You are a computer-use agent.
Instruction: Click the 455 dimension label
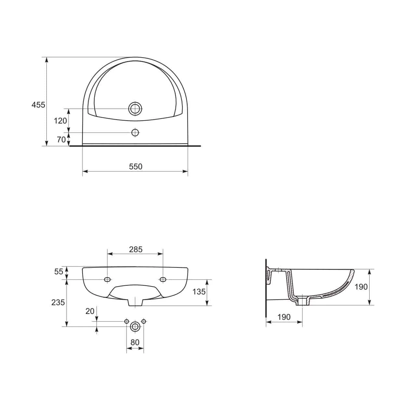click(38, 105)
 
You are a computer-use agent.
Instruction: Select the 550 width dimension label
click(136, 167)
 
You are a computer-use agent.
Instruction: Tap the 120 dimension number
click(60, 121)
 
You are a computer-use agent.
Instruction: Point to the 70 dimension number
click(61, 139)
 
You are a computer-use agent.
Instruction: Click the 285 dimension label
click(136, 250)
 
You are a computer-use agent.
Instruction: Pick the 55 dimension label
click(58, 272)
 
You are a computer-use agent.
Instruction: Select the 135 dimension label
click(199, 292)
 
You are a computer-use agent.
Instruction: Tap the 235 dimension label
click(58, 302)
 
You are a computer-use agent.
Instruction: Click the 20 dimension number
click(90, 311)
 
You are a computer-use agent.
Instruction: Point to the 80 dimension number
click(135, 342)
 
